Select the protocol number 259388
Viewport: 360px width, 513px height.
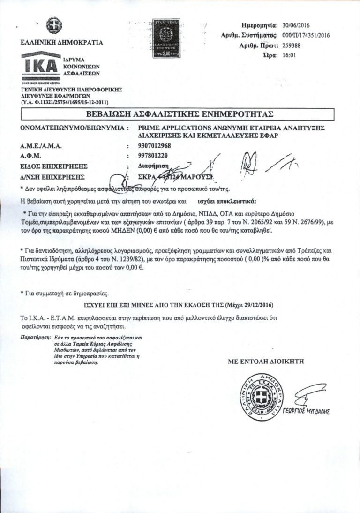point(293,45)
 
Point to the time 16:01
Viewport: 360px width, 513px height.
point(290,55)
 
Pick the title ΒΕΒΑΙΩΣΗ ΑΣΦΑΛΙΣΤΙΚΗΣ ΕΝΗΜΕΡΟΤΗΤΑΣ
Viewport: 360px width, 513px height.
point(180,114)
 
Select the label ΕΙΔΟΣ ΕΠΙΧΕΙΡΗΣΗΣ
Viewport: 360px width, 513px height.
point(54,166)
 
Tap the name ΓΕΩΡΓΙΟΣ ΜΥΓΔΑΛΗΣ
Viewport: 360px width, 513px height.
point(311,412)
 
